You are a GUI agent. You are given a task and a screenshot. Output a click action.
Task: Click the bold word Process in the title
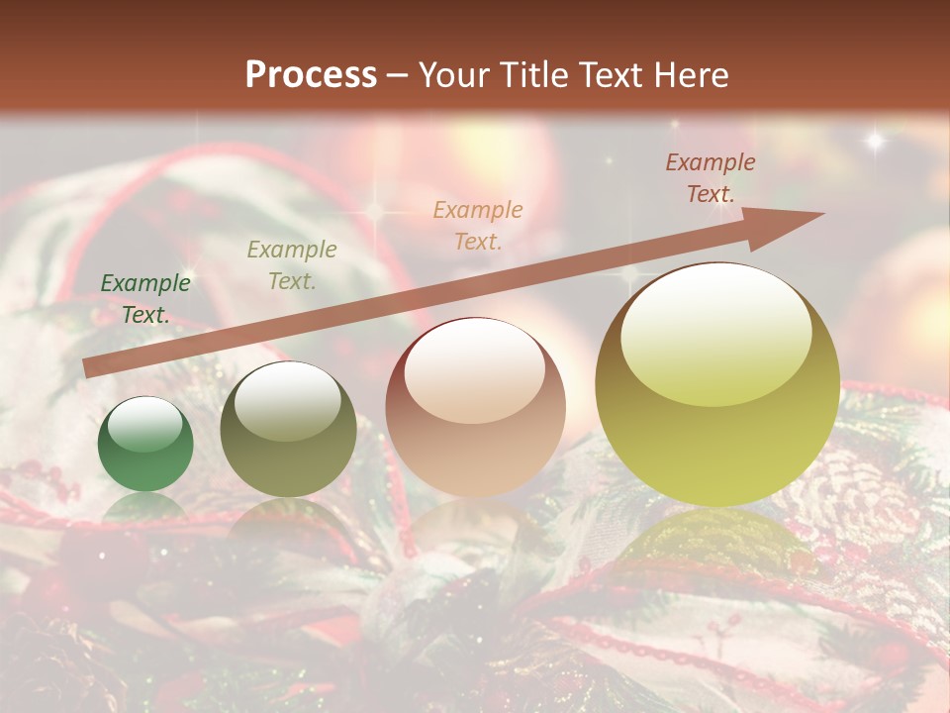(311, 75)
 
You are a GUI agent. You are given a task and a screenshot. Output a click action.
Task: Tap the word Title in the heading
(533, 75)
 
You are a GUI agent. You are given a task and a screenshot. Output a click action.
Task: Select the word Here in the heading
(690, 75)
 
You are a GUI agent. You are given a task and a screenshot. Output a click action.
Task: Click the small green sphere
(145, 445)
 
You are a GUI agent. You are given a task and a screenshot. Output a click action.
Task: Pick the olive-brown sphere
(288, 429)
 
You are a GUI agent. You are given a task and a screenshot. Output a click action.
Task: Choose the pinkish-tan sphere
(476, 407)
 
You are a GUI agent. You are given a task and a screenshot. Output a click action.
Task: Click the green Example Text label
(145, 299)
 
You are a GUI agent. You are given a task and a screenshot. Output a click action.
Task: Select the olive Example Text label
(292, 265)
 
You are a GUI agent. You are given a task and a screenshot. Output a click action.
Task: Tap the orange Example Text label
(478, 225)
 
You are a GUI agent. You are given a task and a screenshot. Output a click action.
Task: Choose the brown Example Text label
(711, 178)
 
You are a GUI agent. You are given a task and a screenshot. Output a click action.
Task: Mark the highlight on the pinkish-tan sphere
(475, 371)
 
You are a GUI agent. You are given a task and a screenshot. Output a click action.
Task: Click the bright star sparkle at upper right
(875, 141)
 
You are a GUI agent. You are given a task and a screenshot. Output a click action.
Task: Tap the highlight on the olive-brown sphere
(287, 401)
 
